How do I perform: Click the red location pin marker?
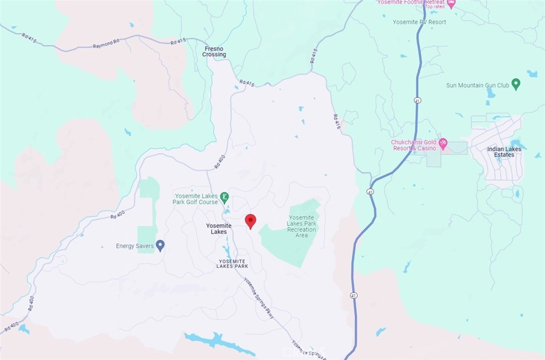[250, 221]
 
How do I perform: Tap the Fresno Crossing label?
[214, 52]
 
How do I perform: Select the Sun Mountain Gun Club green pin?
[516, 85]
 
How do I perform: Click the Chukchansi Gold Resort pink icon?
[443, 144]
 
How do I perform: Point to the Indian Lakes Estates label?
[504, 152]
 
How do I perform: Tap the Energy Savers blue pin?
[160, 246]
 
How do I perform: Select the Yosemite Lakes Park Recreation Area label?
[301, 226]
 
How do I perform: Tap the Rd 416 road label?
[336, 121]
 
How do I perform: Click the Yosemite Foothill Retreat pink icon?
[451, 4]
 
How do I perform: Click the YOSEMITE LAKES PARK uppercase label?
[233, 263]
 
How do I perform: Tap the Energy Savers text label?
[135, 246]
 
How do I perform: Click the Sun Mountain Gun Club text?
[477, 85]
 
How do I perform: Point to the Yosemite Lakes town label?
[219, 228]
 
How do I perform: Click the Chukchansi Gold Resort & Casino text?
[414, 145]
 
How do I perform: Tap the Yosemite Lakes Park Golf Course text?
[196, 199]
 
